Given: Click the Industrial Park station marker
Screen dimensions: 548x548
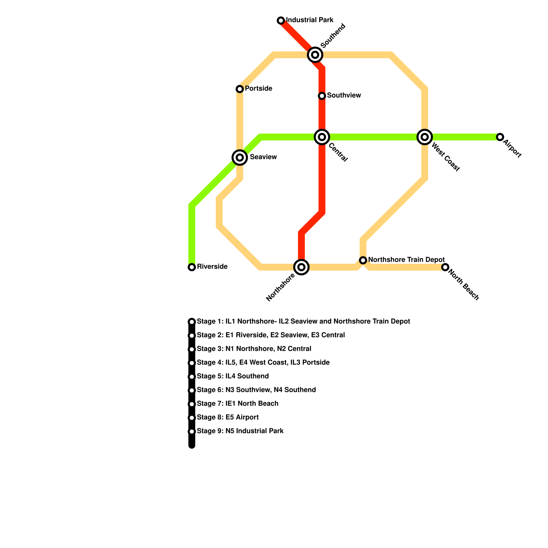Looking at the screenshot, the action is click(x=281, y=21).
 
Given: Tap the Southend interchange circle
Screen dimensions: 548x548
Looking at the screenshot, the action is click(x=315, y=55).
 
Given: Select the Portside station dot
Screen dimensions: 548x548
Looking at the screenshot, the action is click(x=240, y=89).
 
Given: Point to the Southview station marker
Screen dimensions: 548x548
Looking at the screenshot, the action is click(x=322, y=96).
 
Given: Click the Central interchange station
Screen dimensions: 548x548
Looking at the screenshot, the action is click(x=322, y=137).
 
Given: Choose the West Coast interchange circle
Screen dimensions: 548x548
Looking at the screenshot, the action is click(x=425, y=137).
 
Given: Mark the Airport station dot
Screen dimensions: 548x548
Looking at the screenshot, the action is click(x=500, y=137).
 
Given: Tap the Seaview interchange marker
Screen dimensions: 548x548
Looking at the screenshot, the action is click(x=240, y=158).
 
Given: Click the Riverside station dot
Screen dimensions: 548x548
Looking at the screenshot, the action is click(x=192, y=267).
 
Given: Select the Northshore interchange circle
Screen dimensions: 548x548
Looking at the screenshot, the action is click(x=301, y=267).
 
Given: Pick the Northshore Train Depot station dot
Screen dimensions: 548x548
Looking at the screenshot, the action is click(x=363, y=260).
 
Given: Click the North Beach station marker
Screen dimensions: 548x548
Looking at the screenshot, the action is click(x=445, y=267).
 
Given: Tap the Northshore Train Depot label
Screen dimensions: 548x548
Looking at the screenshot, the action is click(x=406, y=260).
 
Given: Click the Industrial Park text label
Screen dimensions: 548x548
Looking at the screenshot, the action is click(x=310, y=20).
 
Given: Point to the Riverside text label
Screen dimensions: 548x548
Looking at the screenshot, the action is click(x=212, y=267).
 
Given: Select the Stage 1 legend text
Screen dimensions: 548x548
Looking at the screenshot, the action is click(x=303, y=322).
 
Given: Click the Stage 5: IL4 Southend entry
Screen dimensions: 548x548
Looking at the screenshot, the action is click(x=233, y=376).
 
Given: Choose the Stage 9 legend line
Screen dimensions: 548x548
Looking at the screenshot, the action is click(x=240, y=431).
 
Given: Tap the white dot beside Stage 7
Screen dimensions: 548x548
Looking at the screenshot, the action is click(x=192, y=404).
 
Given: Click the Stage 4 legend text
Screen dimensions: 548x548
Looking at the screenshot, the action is click(x=263, y=363).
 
